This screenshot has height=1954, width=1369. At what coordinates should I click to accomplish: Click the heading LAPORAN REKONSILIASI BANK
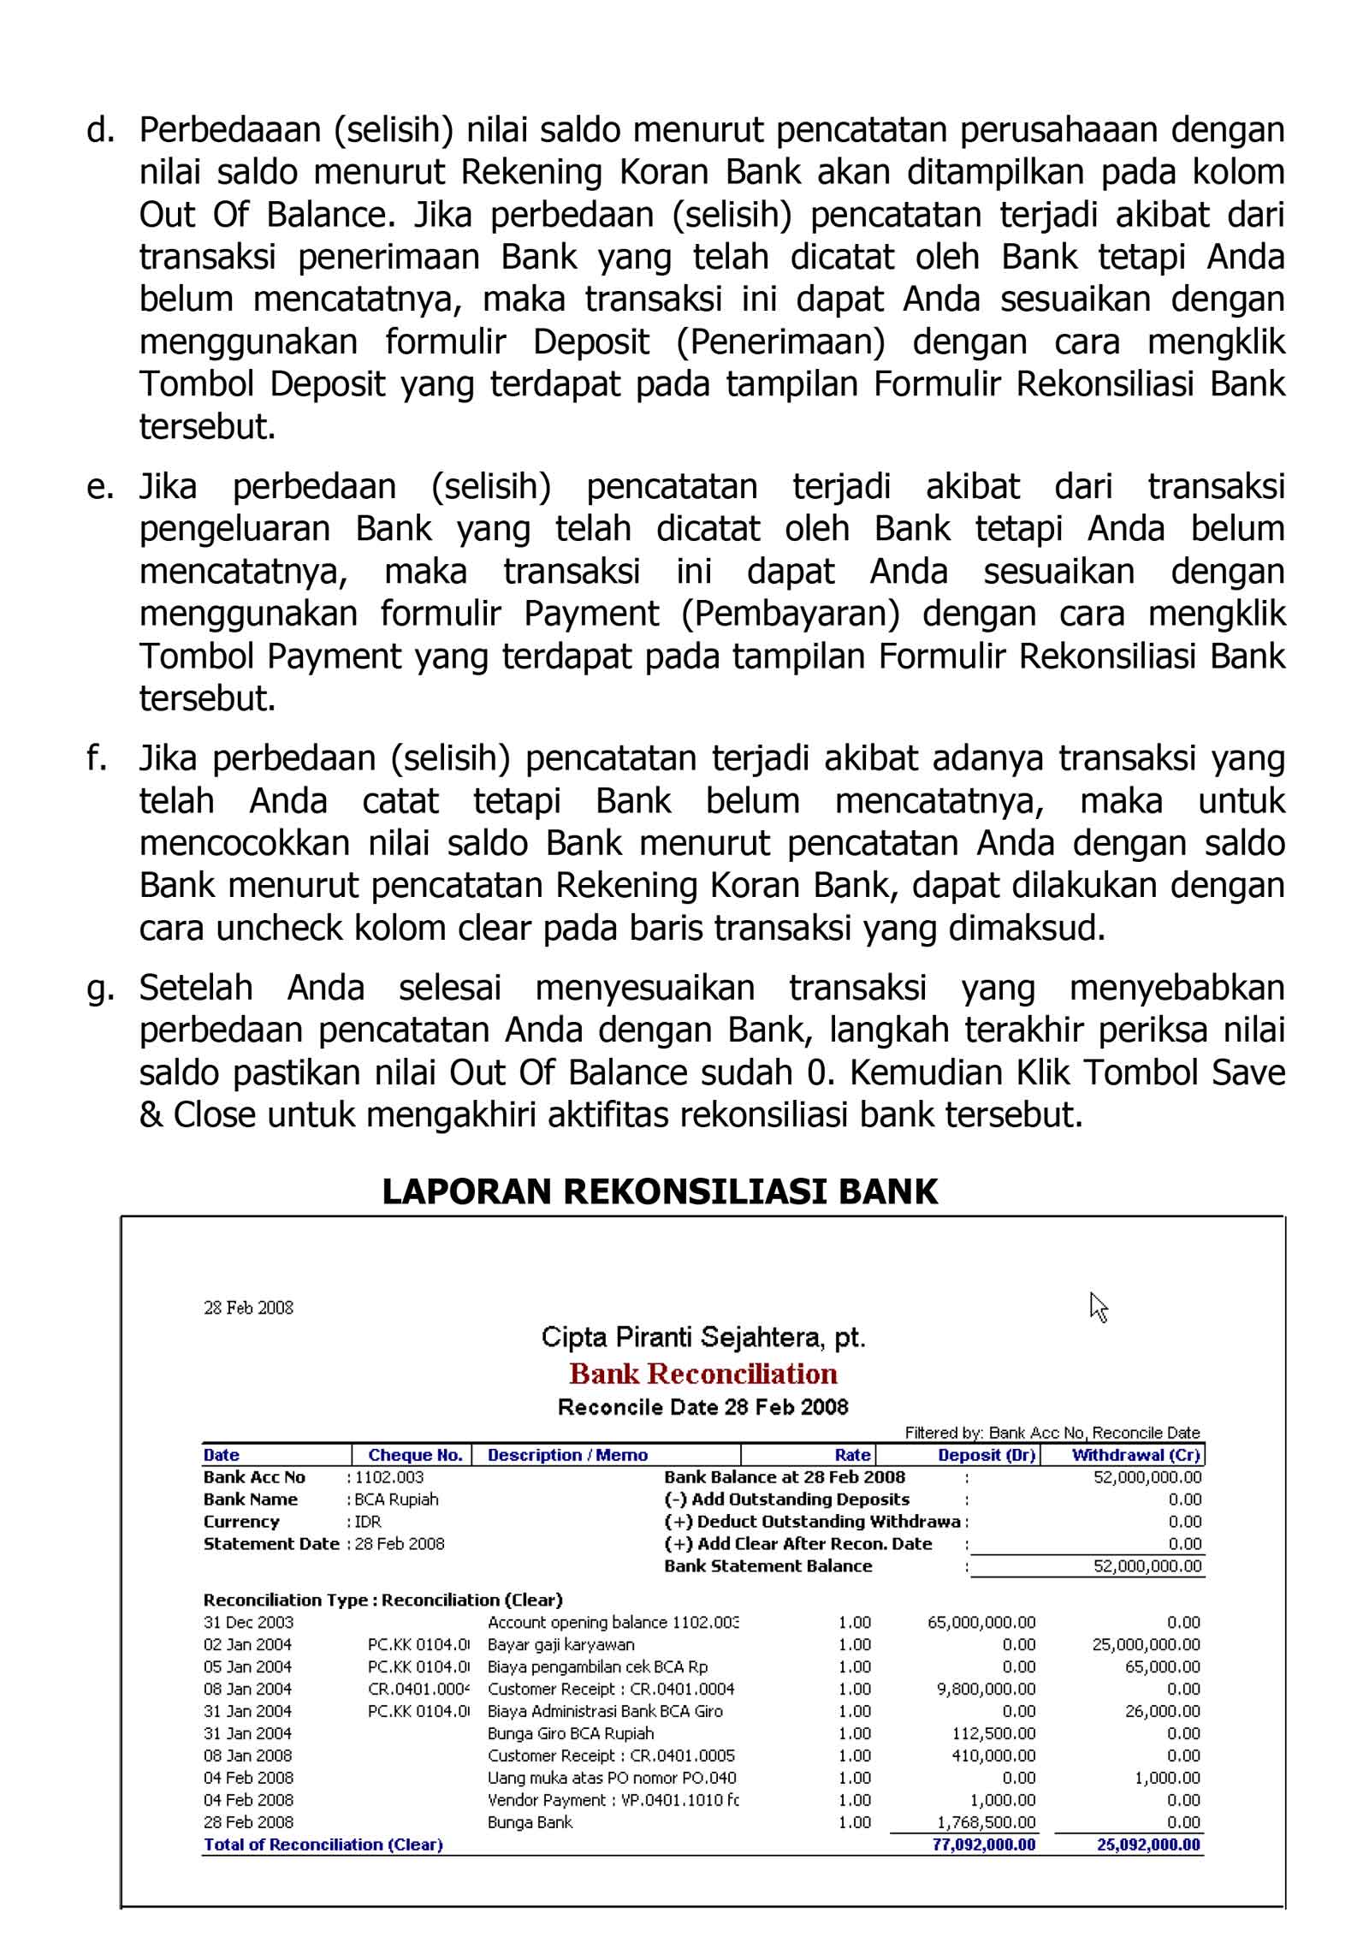tap(660, 1191)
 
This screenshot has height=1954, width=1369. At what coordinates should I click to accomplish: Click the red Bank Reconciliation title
tap(702, 1374)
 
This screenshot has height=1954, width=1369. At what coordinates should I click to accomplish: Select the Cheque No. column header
tap(415, 1455)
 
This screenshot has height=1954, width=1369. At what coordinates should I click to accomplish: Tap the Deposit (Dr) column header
tap(986, 1455)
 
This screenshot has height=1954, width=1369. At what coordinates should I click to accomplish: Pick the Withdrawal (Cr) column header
tap(1135, 1455)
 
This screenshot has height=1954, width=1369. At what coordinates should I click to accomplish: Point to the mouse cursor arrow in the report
tap(1098, 1307)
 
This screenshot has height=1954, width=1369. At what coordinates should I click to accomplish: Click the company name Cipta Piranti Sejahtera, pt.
tap(702, 1337)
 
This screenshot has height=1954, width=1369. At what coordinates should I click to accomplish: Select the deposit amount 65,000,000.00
tap(981, 1622)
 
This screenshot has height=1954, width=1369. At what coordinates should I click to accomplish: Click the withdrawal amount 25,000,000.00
tap(1146, 1644)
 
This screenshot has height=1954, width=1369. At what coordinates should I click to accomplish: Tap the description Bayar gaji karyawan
tap(560, 1644)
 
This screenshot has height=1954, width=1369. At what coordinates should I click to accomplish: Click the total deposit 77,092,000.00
tap(983, 1844)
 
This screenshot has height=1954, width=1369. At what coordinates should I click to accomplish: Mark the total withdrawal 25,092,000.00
tap(1148, 1844)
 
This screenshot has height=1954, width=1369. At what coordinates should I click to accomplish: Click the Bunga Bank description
tap(530, 1822)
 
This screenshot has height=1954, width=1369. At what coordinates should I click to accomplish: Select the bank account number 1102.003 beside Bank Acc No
tap(388, 1477)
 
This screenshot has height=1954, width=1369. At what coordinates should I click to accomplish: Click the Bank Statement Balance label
tap(767, 1566)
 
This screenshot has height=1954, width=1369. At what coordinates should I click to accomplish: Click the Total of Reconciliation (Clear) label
tap(323, 1844)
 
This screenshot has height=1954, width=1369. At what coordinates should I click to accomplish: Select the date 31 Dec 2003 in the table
tap(248, 1622)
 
